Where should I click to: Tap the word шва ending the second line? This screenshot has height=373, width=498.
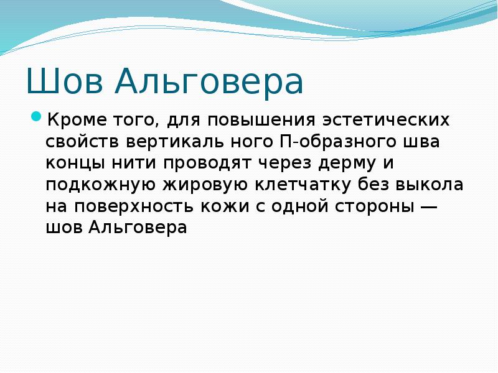coord(423,141)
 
